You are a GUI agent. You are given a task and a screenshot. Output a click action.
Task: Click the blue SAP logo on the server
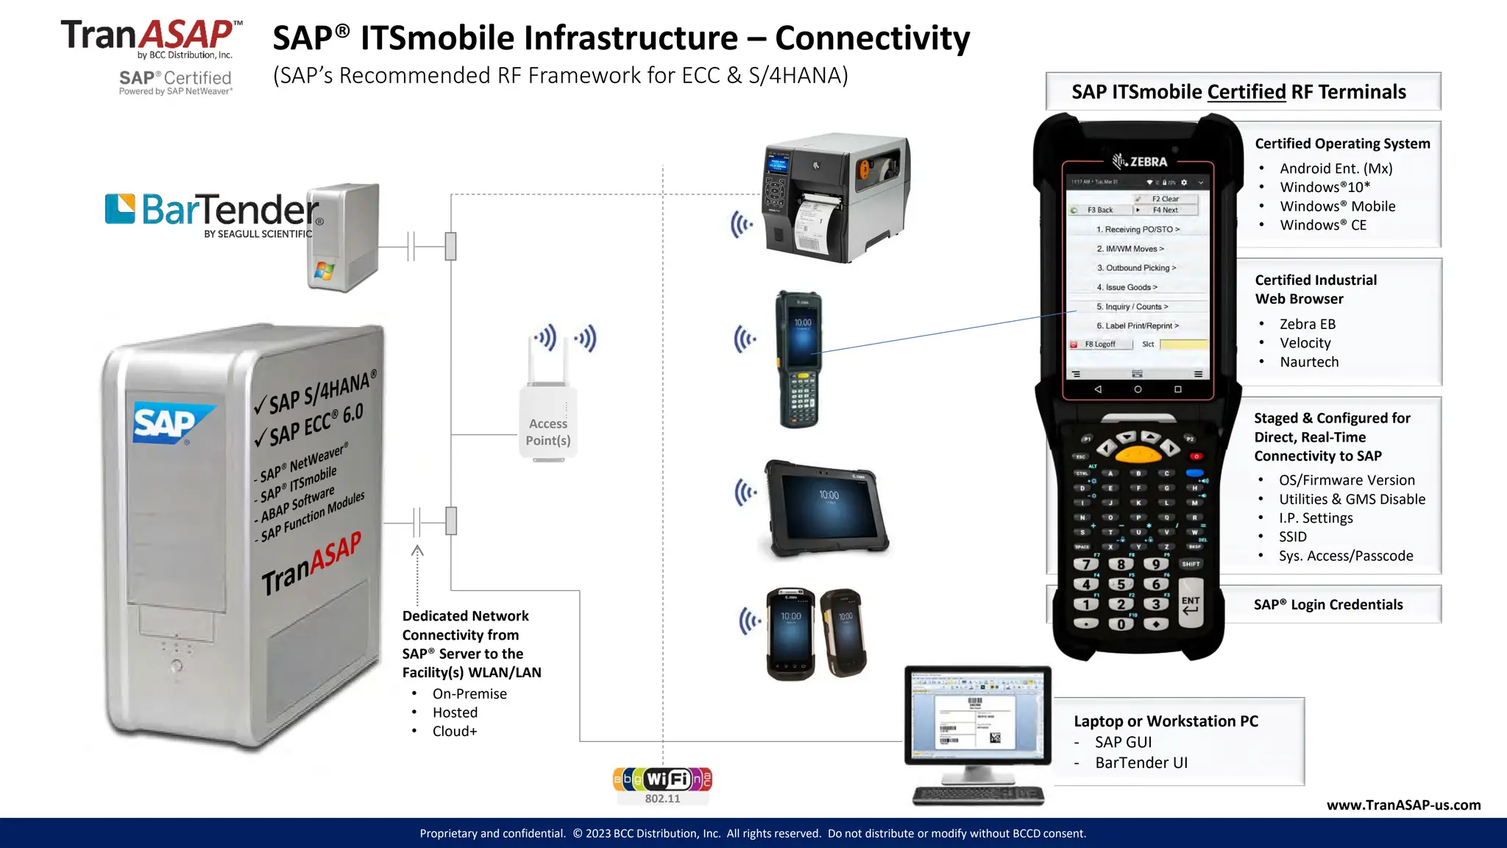coord(168,423)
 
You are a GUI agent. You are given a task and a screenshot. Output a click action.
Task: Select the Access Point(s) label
coord(548,432)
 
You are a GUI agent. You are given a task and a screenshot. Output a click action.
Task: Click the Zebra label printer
coord(837,197)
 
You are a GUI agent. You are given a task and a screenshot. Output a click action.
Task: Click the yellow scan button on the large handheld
coord(1138,453)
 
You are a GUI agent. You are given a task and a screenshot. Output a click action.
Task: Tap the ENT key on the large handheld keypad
coord(1191,604)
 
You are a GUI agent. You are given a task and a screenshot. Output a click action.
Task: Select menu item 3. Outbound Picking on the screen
coord(1136,268)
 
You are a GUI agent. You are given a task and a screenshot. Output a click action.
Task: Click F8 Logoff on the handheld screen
coord(1100,344)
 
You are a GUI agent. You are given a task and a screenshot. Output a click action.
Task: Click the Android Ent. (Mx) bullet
coord(1336,169)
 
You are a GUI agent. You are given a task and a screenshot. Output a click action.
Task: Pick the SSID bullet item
coord(1293,537)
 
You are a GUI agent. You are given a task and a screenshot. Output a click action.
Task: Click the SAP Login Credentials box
coord(1328,604)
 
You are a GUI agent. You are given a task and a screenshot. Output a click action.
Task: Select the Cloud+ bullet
coord(455,731)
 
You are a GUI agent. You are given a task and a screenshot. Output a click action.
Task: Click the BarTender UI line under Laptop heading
coord(1141,763)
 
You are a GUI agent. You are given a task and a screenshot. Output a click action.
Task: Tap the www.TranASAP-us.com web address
coord(1403,805)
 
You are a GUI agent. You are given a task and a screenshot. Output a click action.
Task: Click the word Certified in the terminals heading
coord(1247,92)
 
